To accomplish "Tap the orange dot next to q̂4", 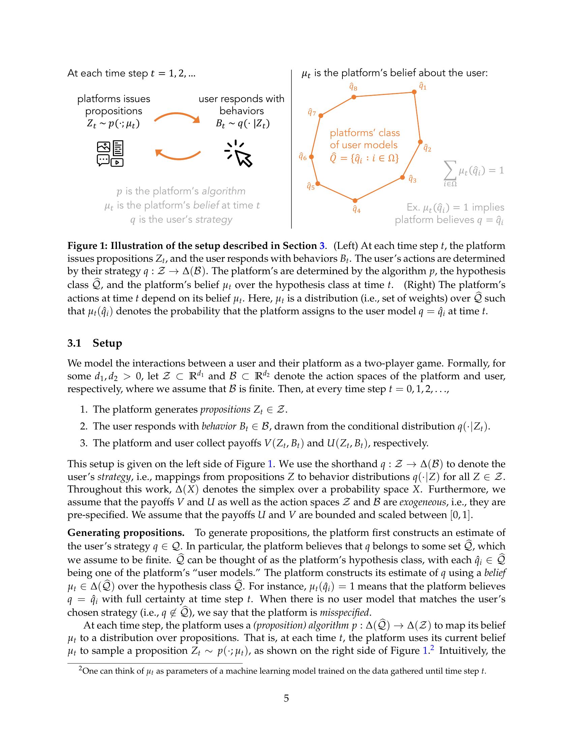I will (355, 200).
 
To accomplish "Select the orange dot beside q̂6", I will (312, 157).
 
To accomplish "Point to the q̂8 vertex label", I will (353, 88).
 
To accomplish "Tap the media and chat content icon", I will (110, 154).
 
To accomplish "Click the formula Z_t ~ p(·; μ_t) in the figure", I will (113, 124).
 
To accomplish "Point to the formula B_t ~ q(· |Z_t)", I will (242, 124).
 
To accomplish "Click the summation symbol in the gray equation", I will (450, 171).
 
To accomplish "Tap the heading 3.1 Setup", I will (94, 343).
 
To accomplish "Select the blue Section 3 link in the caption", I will (322, 246).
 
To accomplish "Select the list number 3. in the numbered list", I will (84, 443).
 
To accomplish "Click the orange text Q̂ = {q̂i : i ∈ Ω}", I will (364, 158).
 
